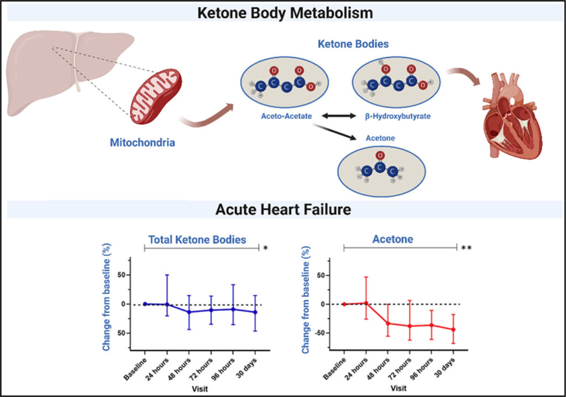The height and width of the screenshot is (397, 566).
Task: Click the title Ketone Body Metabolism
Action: [x=282, y=12]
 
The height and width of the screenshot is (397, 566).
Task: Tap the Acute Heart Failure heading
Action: [x=282, y=210]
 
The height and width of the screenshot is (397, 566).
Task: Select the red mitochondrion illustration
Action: [x=155, y=95]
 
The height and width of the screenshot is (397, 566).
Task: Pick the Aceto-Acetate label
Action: [x=284, y=116]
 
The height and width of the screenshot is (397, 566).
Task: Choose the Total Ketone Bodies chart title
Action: [x=197, y=240]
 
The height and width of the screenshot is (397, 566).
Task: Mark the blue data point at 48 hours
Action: [x=189, y=312]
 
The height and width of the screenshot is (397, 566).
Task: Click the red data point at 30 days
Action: [x=454, y=329]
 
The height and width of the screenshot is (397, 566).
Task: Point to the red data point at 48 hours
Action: [x=388, y=323]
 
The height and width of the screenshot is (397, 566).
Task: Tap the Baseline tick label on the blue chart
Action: [x=136, y=368]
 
